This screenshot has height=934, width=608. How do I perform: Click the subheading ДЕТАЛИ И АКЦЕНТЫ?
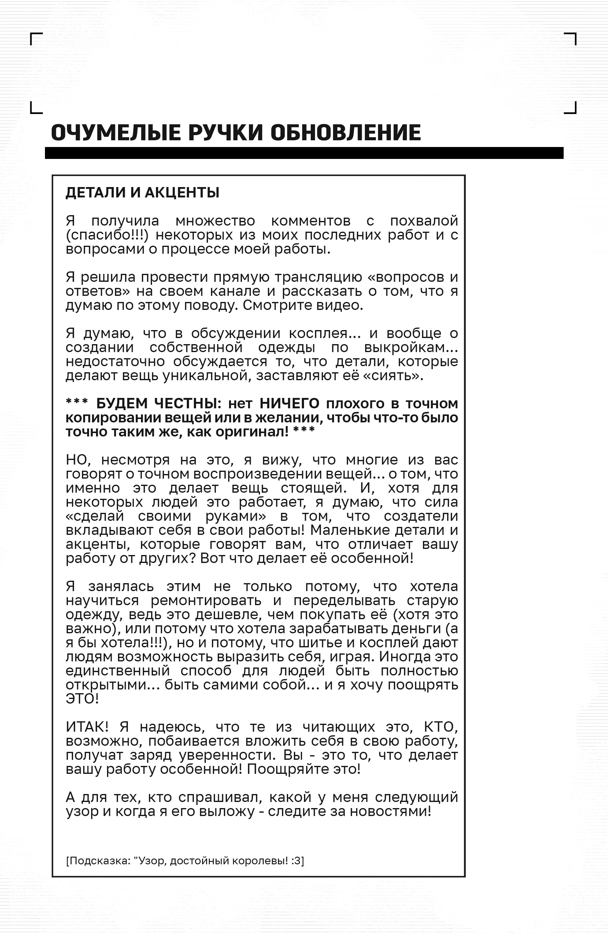(142, 193)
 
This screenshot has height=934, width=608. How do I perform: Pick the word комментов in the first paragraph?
(311, 221)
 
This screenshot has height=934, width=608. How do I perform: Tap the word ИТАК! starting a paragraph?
(87, 727)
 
